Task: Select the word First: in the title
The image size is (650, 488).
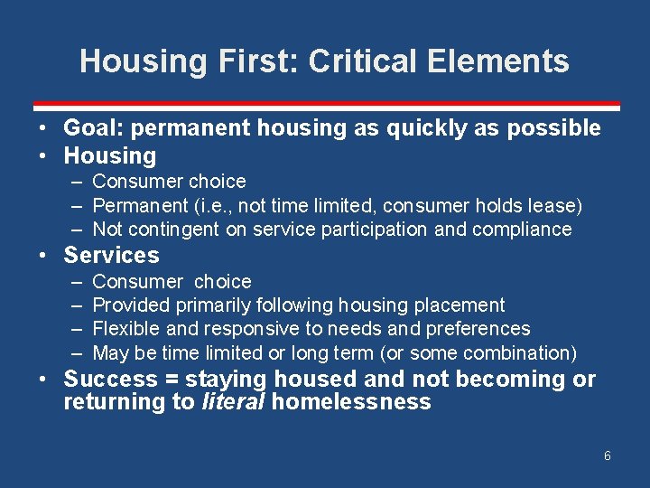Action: pyautogui.click(x=261, y=61)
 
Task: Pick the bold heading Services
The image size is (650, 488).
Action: pyautogui.click(x=111, y=255)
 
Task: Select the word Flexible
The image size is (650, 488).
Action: pyautogui.click(x=125, y=329)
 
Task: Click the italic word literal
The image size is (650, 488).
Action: pyautogui.click(x=232, y=402)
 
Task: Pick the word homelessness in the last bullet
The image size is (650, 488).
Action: pyautogui.click(x=350, y=402)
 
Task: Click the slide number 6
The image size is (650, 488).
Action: pyautogui.click(x=607, y=455)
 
